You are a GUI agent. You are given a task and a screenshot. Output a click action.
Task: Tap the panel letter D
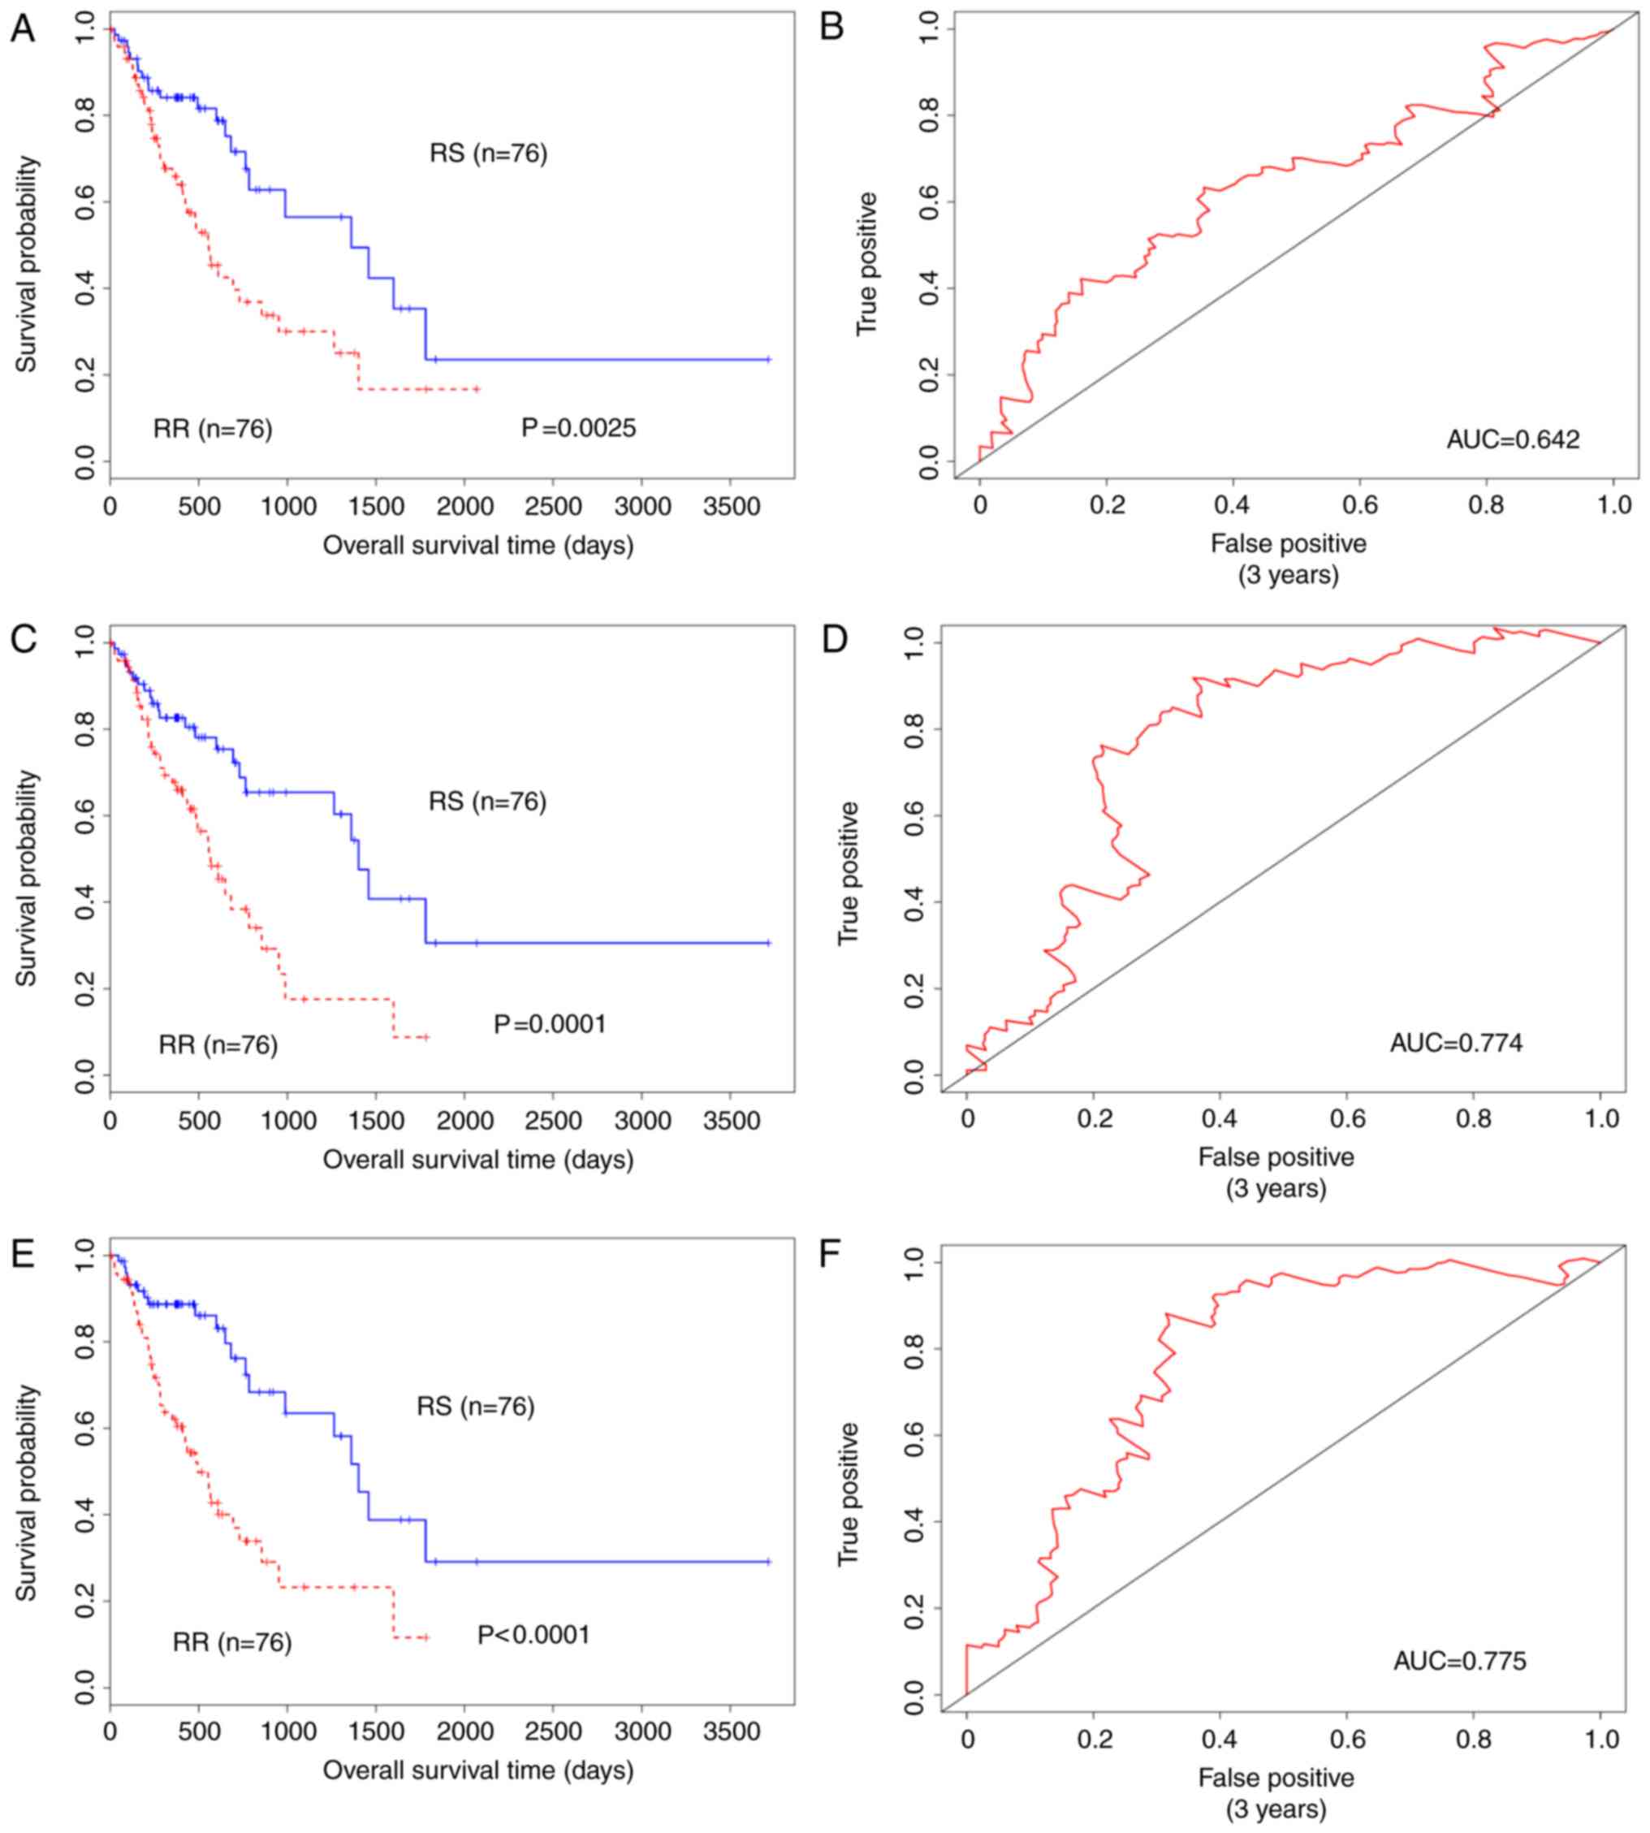833,639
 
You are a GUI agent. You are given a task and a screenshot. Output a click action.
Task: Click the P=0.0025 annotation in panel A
578,427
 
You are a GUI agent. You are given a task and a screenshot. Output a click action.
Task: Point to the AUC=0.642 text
1512,439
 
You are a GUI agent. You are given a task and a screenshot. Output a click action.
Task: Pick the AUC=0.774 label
1456,1043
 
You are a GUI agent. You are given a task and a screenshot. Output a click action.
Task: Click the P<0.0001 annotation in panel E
534,1635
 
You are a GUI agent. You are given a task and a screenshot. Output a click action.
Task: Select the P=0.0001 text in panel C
550,1023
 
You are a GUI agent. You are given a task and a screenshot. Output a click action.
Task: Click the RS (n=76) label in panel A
488,153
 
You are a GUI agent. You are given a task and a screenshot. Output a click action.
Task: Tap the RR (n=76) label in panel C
218,1044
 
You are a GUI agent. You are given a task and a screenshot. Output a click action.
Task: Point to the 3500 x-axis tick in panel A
732,506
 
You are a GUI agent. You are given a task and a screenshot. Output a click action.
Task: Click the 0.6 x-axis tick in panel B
1359,505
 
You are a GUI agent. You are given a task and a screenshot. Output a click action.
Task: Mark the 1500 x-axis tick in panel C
376,1121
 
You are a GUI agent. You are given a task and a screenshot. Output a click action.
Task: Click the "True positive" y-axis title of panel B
866,263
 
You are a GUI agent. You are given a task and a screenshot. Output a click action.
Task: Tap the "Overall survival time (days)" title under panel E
477,1769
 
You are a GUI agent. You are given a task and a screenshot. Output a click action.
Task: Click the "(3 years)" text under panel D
1276,1187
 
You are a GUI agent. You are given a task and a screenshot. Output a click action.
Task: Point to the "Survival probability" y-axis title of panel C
26,878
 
